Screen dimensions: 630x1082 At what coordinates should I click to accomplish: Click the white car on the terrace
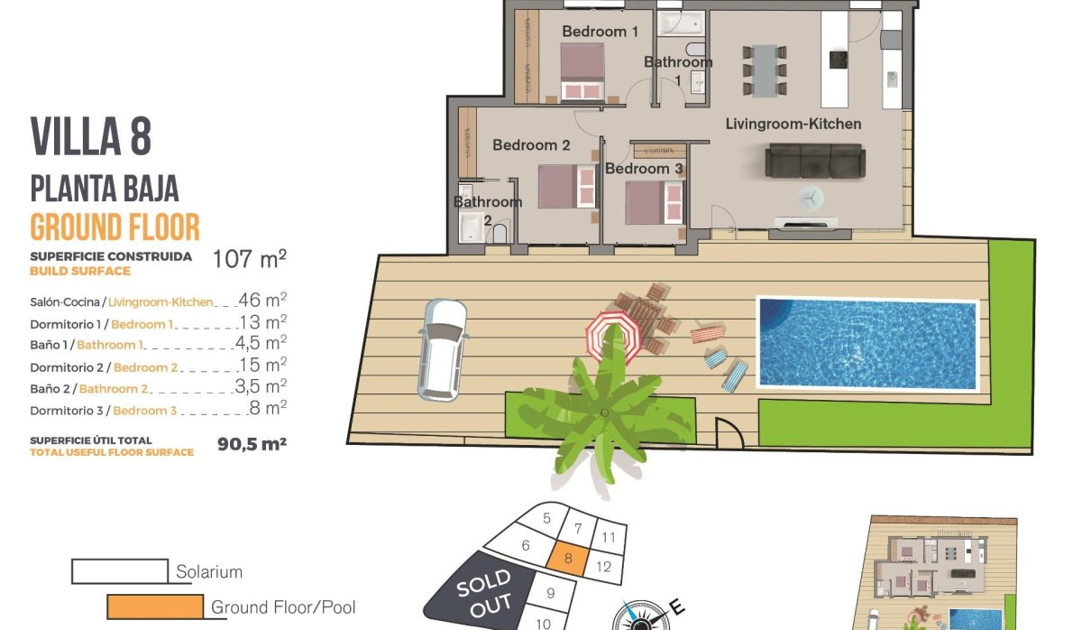[x=442, y=348]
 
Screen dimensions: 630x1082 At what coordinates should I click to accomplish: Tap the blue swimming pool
[x=867, y=343]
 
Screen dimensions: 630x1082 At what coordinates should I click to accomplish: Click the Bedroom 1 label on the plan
[x=600, y=32]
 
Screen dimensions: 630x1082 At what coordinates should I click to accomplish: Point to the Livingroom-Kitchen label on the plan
[x=793, y=124]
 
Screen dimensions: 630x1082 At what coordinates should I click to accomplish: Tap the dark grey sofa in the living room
[x=815, y=162]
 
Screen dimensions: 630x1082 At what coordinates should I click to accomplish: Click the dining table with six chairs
[x=764, y=69]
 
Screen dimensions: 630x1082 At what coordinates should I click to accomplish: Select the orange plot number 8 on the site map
[x=568, y=559]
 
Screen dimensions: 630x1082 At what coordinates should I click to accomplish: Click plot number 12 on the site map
[x=604, y=567]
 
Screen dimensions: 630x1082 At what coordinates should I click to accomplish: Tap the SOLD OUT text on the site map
[x=484, y=591]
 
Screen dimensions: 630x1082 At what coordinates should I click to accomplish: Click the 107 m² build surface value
[x=250, y=260]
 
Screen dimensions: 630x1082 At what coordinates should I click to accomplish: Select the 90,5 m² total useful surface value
[x=252, y=444]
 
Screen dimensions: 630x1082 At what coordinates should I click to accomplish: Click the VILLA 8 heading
[x=91, y=136]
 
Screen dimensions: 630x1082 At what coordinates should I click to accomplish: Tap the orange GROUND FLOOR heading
[x=115, y=227]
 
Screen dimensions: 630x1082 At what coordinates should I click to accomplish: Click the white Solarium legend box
[x=120, y=571]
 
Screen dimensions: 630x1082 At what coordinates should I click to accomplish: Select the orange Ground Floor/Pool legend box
[x=154, y=607]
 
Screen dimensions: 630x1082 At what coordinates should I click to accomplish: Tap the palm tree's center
[x=603, y=412]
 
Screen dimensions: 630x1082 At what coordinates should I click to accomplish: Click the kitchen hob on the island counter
[x=838, y=60]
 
